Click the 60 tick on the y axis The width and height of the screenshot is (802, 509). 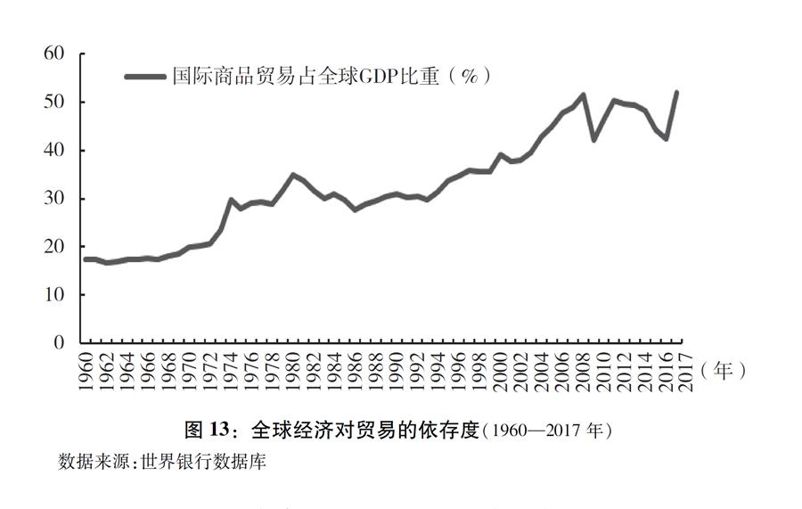pos(54,54)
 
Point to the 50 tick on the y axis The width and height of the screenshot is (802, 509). pos(54,103)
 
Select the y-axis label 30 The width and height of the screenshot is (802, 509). pos(54,199)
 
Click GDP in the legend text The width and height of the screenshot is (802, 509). pos(376,78)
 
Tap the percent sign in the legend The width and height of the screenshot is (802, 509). pos(469,78)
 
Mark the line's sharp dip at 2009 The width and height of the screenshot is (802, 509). pos(594,140)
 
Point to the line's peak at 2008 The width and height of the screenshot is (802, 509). pos(584,94)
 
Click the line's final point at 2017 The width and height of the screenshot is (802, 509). pos(676,92)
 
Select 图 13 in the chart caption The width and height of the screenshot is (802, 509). pos(207,431)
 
